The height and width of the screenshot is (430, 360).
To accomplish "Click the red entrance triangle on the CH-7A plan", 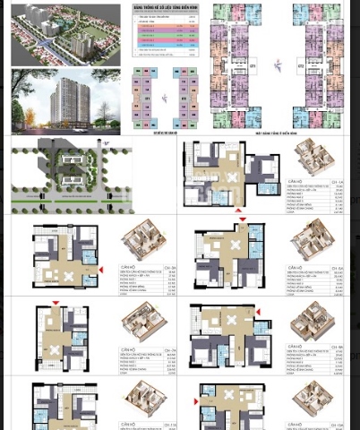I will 56,302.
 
